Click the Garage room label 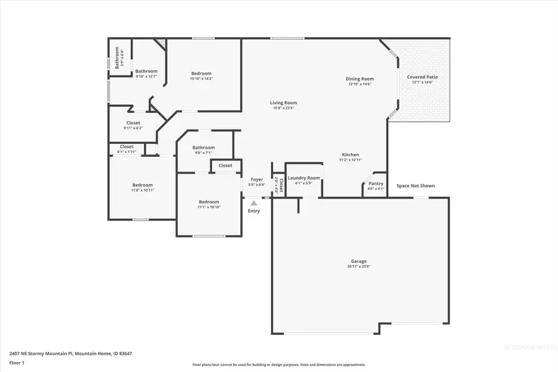pos(359,261)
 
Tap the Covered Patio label pos(423,77)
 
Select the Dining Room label pos(360,79)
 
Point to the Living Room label pos(283,103)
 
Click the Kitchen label pos(350,154)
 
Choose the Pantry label pos(376,184)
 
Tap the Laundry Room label pos(304,178)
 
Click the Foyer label pos(257,179)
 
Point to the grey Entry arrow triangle pos(253,201)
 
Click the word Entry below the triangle pos(254,211)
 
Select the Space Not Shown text pos(415,185)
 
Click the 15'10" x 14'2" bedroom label pos(201,74)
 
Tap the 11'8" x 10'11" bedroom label pos(142,185)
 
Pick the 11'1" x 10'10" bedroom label pos(209,201)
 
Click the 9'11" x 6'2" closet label pos(133,123)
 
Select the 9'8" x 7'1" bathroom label pos(203,148)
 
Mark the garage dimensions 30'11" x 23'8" pos(359,267)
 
